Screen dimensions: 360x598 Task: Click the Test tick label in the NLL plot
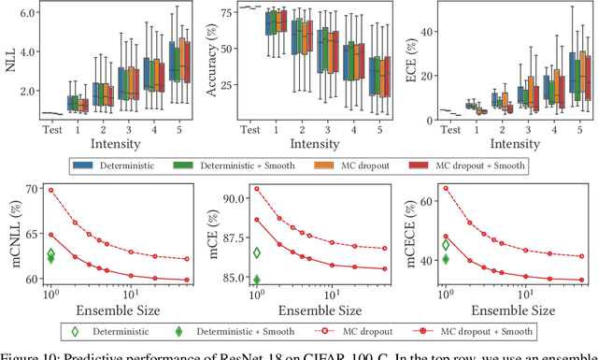tap(52, 131)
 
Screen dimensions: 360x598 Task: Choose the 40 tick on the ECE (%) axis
tap(426, 32)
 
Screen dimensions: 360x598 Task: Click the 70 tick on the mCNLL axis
tap(31, 190)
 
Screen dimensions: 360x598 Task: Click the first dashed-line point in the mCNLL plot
tap(51, 190)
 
